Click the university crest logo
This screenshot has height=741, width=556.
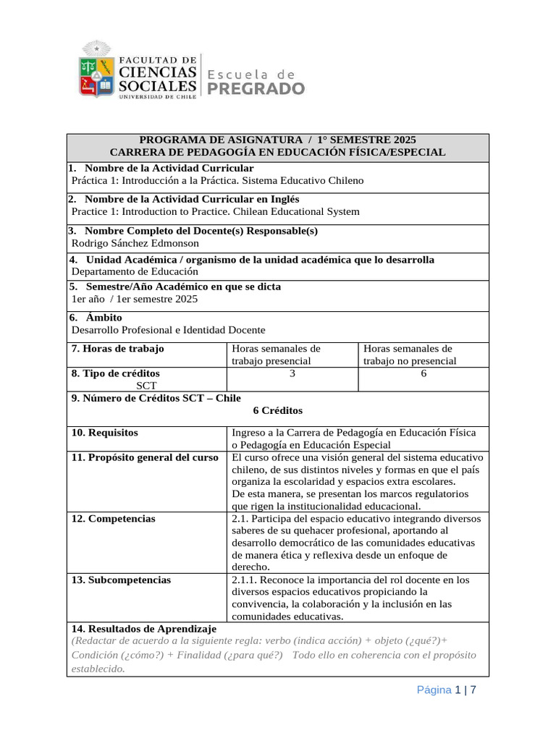point(96,70)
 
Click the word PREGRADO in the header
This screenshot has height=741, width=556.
point(256,88)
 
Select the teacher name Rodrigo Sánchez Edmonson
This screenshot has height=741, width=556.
point(135,243)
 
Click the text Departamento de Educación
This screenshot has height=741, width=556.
point(135,271)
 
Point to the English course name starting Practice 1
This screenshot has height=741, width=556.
point(215,211)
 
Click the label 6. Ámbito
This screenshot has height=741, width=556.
point(96,317)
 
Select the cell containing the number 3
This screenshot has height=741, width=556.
point(292,373)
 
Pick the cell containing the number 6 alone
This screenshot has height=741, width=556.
point(424,373)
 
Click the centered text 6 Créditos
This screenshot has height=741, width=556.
point(277,410)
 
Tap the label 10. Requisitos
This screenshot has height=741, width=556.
point(105,433)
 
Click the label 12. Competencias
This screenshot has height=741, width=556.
point(113,519)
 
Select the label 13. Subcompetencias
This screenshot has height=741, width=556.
point(121,580)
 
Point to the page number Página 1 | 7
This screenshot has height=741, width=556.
point(446,690)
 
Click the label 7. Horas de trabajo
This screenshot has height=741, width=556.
point(118,349)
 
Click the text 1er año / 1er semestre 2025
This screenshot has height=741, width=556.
point(134,299)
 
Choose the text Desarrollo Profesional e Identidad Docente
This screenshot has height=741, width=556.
point(169,329)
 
